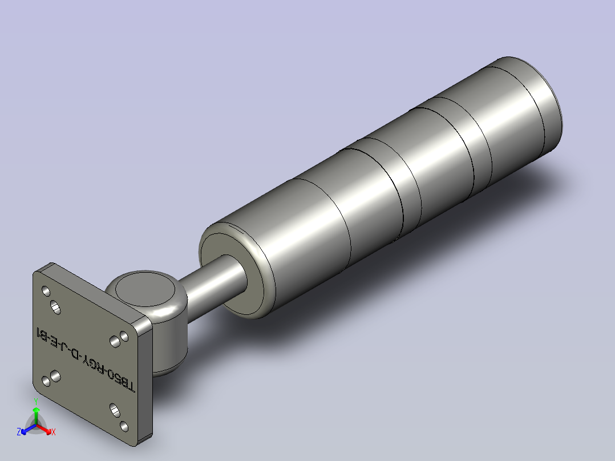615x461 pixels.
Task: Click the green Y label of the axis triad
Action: (x=36, y=401)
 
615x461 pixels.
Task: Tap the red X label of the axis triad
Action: (x=53, y=432)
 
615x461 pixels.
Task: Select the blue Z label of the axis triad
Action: (x=19, y=432)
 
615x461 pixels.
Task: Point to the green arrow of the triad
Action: (x=36, y=413)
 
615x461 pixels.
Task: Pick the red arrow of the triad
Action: (x=46, y=429)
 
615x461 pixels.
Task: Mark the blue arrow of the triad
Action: (x=26, y=429)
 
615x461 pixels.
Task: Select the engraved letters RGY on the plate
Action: (x=96, y=365)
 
